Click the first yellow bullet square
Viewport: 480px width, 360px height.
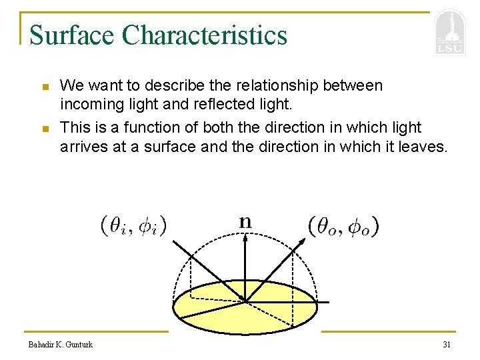[x=44, y=87]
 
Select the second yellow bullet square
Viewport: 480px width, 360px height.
[x=44, y=128]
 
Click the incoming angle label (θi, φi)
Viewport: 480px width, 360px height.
[x=133, y=226]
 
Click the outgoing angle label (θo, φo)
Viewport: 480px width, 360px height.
[x=344, y=227]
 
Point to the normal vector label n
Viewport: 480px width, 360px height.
[x=245, y=221]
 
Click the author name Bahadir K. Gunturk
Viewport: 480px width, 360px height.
[x=61, y=344]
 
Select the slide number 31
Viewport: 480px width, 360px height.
[x=447, y=344]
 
